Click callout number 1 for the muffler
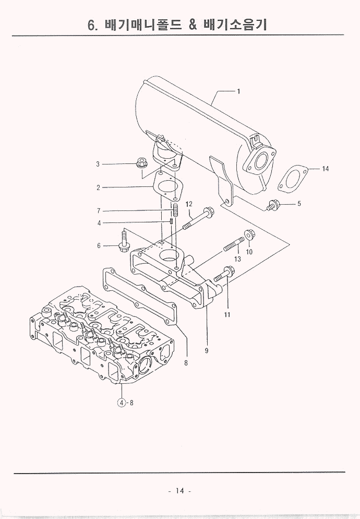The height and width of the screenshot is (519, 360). pos(238,92)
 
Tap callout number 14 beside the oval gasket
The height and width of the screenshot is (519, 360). pos(326,169)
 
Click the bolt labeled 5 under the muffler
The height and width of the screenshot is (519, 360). pos(272,204)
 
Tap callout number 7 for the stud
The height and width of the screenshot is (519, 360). pos(98,211)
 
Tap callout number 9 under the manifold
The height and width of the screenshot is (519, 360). pos(207,351)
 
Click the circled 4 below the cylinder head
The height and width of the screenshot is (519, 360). pos(121,403)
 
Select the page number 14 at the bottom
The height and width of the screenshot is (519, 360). pos(180,490)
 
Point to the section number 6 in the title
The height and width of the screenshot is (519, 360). pos(92,25)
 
